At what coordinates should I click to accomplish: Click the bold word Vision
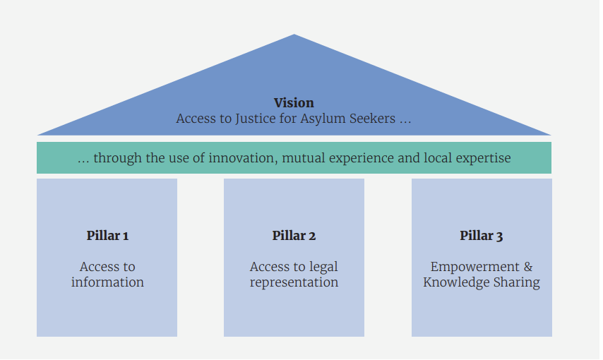click(294, 103)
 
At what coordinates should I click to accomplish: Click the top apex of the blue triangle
click(294, 35)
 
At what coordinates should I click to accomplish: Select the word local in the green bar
click(436, 158)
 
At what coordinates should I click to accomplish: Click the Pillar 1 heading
click(107, 236)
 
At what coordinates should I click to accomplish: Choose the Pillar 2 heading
click(294, 236)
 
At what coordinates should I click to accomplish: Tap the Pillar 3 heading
click(482, 236)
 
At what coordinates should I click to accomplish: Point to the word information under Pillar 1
click(107, 282)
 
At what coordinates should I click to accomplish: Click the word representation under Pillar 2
click(294, 282)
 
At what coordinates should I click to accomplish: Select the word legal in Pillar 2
click(323, 267)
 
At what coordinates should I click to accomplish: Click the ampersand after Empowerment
click(527, 267)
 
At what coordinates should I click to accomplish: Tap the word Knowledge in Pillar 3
click(455, 282)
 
